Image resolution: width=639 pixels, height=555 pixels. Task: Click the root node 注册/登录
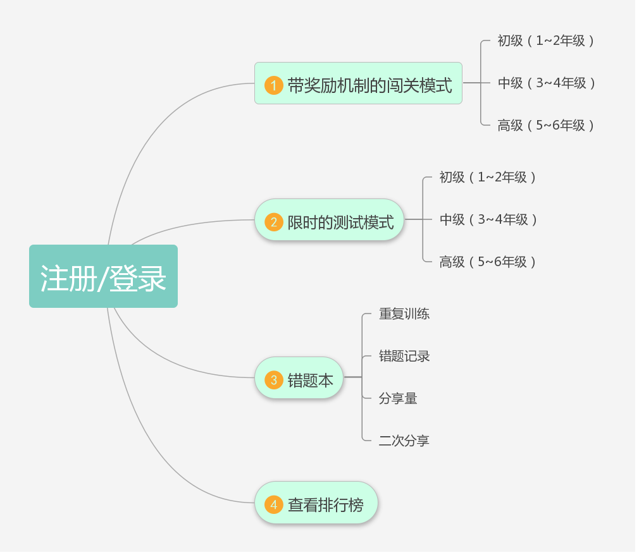[103, 276]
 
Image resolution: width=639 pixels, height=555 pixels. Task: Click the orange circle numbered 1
[273, 85]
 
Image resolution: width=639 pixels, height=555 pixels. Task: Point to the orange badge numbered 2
[273, 222]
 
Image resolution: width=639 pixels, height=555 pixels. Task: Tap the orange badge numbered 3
[273, 380]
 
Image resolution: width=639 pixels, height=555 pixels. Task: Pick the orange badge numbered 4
[273, 504]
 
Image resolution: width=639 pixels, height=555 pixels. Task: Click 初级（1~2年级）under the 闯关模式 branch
[545, 40]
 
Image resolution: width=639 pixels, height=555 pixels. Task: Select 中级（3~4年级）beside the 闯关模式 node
[546, 83]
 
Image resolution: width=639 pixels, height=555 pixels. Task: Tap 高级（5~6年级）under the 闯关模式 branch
[545, 125]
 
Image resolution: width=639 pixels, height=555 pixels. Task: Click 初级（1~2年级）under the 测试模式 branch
[487, 177]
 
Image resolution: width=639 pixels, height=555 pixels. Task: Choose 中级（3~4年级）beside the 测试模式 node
[488, 219]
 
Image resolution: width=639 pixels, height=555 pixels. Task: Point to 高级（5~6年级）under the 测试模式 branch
[487, 262]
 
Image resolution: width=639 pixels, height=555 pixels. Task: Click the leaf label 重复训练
[404, 314]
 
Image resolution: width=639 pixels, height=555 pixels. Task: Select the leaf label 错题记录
[404, 356]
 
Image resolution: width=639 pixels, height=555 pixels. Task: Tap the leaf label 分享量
[398, 398]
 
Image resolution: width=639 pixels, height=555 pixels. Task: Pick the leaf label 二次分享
[404, 441]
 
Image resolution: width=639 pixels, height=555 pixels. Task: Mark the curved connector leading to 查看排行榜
[152, 442]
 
